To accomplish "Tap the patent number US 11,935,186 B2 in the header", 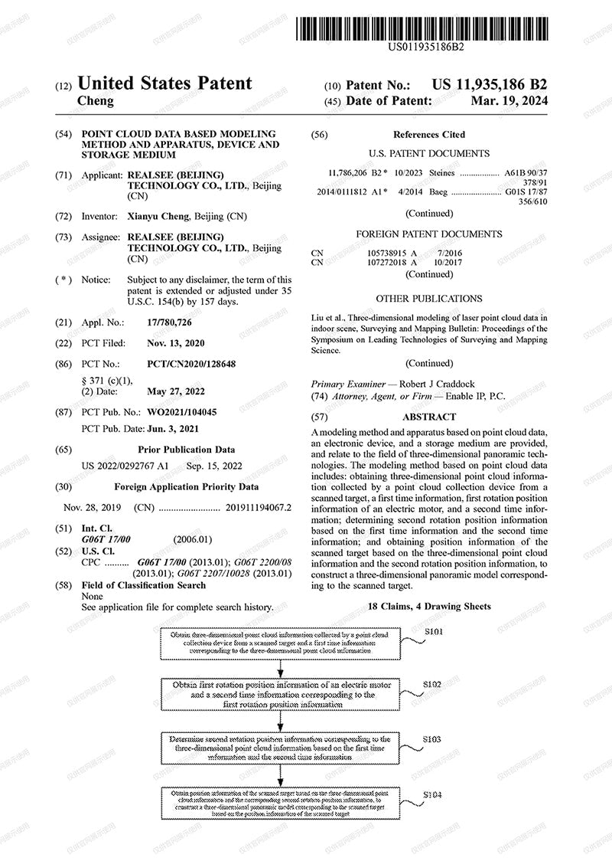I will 490,85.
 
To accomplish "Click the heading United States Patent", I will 164,83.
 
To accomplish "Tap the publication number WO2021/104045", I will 182,412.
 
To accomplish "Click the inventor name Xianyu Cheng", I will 158,217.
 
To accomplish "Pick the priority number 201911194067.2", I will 259,507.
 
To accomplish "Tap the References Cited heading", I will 429,135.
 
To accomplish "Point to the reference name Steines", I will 442,173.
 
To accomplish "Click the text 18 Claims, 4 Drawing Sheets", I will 429,607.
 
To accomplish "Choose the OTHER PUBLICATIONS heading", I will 429,299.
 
